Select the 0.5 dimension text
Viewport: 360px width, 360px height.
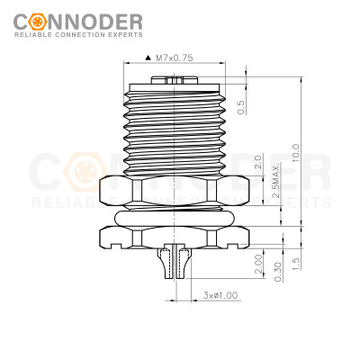pos(241,106)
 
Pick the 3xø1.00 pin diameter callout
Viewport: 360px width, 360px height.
pos(220,295)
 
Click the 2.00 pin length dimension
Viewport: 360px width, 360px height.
pos(258,264)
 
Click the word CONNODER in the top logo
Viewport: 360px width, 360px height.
pos(85,20)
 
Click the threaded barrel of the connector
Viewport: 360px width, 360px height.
pos(175,126)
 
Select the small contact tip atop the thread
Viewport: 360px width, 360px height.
pos(175,79)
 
